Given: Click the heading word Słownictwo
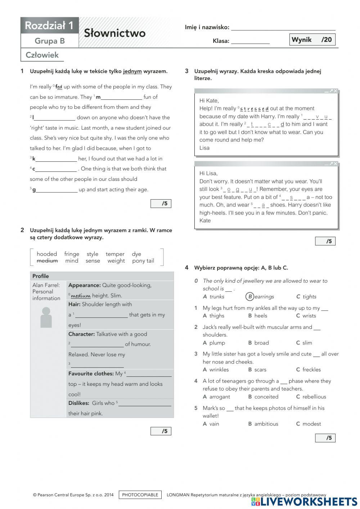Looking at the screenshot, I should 114,33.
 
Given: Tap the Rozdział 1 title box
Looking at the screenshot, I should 49,26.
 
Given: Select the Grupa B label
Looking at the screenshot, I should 50,41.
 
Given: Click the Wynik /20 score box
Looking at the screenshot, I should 312,40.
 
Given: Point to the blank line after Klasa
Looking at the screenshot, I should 250,41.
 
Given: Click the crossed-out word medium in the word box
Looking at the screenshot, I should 47,261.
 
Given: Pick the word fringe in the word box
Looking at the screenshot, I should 72,254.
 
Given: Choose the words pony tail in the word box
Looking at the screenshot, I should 143,261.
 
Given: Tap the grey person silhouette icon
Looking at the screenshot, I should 46,317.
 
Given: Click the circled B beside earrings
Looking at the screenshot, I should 249,296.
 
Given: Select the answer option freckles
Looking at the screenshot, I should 311,370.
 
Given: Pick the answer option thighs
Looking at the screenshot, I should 217,316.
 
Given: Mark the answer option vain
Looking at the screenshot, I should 214,424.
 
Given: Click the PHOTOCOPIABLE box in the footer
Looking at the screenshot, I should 140,495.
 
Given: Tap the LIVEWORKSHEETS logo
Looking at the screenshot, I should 305,501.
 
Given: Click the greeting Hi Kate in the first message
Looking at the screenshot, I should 209,101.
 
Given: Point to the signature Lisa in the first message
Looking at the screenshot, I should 204,148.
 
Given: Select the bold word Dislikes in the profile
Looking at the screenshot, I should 78,403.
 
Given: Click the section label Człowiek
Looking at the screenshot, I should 42,55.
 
